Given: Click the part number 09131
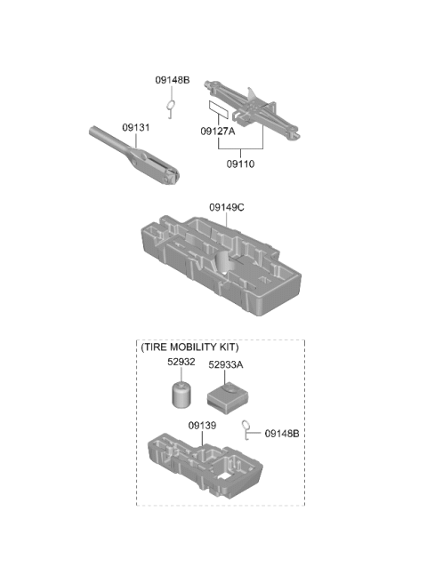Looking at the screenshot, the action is (x=136, y=128).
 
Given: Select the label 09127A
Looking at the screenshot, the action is (x=218, y=132).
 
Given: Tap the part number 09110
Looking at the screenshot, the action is (x=240, y=164).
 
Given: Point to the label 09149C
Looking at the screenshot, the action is (x=227, y=207).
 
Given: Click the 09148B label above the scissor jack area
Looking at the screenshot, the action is (x=173, y=80).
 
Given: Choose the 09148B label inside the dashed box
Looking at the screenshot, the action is (x=282, y=434).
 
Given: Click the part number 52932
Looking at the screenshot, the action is (x=181, y=362).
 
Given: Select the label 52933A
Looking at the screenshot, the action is (x=226, y=364).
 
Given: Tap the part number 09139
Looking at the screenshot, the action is (x=202, y=426).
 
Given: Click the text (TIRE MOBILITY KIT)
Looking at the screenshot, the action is (x=189, y=347).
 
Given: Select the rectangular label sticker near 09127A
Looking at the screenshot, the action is (x=218, y=109).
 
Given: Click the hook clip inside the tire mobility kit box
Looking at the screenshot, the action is (x=246, y=430).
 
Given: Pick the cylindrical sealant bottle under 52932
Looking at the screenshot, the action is (x=181, y=395).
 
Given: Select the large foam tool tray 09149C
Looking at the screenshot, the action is (x=222, y=266).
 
